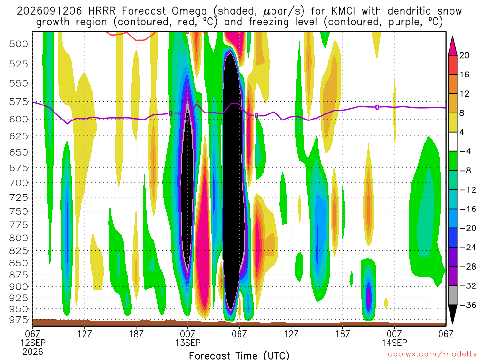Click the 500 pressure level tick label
coord(18,44)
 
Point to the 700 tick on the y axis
coord(18,183)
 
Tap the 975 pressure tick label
coord(18,320)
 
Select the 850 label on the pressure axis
coord(18,263)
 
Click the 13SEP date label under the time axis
coord(188,343)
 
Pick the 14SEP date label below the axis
coord(394,343)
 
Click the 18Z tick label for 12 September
coord(136,334)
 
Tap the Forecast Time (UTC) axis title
coord(239,355)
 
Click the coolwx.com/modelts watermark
coord(432,354)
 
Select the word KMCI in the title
coord(343,11)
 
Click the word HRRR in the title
coord(102,11)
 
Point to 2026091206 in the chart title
coord(49,11)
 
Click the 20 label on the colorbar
coord(464,55)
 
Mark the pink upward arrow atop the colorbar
coord(452,46)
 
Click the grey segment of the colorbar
coord(452,295)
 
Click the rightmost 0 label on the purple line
coord(377,107)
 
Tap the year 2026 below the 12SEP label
coord(33,352)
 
